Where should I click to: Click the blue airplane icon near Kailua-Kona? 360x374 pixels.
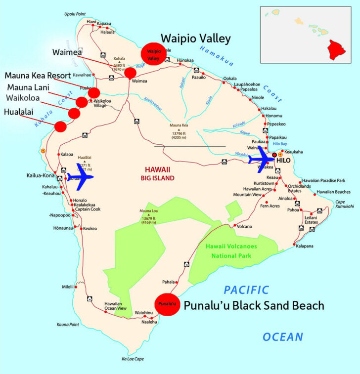tap(79, 177)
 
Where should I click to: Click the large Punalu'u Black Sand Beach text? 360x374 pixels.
tap(254, 306)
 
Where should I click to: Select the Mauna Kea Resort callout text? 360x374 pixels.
tap(38, 76)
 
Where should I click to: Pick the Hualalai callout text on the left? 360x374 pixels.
tap(19, 112)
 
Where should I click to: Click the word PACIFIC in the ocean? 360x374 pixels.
tap(246, 290)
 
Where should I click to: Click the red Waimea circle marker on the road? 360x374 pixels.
tap(130, 73)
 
